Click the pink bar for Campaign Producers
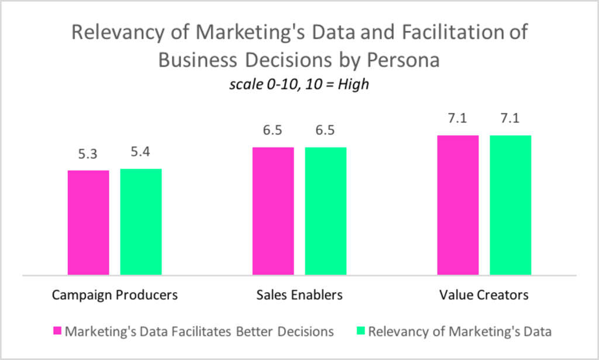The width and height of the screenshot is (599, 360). (x=88, y=222)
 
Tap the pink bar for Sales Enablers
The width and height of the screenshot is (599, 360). (x=273, y=211)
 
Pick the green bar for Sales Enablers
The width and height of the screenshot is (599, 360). (x=326, y=211)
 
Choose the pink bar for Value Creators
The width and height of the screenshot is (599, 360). (x=458, y=205)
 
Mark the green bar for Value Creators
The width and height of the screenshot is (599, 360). (x=511, y=205)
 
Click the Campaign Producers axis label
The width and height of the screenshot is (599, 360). (x=115, y=294)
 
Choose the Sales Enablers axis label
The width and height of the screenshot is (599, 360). (x=299, y=294)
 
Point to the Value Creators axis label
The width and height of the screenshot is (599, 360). (x=484, y=294)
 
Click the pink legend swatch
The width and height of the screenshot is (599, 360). (x=57, y=331)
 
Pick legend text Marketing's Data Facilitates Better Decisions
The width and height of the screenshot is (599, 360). (x=199, y=331)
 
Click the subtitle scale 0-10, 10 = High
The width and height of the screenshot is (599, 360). (x=299, y=84)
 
